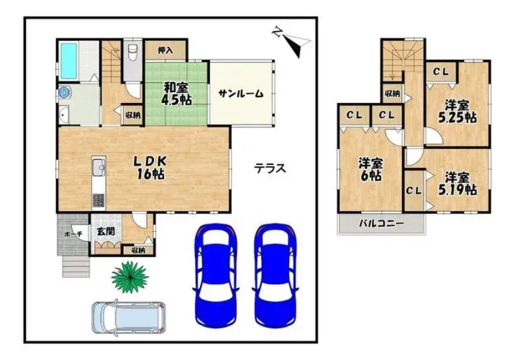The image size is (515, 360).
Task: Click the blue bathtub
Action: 69,61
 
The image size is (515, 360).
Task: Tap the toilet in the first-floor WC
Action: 133,52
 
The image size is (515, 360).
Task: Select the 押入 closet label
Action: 165,51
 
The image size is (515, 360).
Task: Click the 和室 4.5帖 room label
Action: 176,94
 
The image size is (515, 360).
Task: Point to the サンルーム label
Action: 241,93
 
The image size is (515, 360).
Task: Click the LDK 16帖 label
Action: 150,167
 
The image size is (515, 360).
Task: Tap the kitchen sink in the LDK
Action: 99,167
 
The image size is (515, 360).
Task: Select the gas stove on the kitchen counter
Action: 98,200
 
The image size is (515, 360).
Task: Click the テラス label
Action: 270,169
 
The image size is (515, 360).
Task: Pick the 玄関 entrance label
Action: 106,231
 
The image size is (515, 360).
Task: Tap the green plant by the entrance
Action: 130,277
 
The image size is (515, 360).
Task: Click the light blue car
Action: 128,317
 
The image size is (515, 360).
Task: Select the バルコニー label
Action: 381,224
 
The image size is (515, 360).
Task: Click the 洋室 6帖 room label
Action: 370,169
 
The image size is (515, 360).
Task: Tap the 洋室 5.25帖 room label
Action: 457,112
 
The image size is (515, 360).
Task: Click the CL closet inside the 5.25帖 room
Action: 441,71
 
